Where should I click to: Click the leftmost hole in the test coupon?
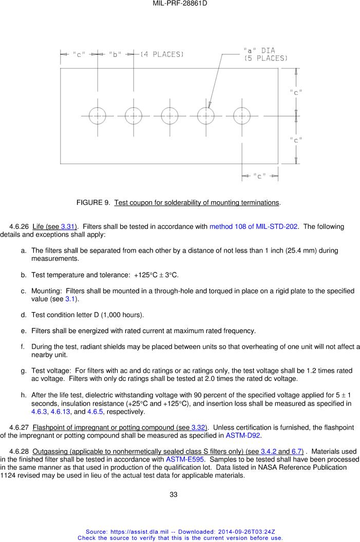coord(97,116)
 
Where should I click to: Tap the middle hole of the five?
coord(169,116)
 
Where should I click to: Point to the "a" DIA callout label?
coord(259,51)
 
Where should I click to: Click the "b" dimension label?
coord(115,54)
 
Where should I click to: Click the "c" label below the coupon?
coord(260,177)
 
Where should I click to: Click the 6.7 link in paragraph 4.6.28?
coord(297,451)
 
